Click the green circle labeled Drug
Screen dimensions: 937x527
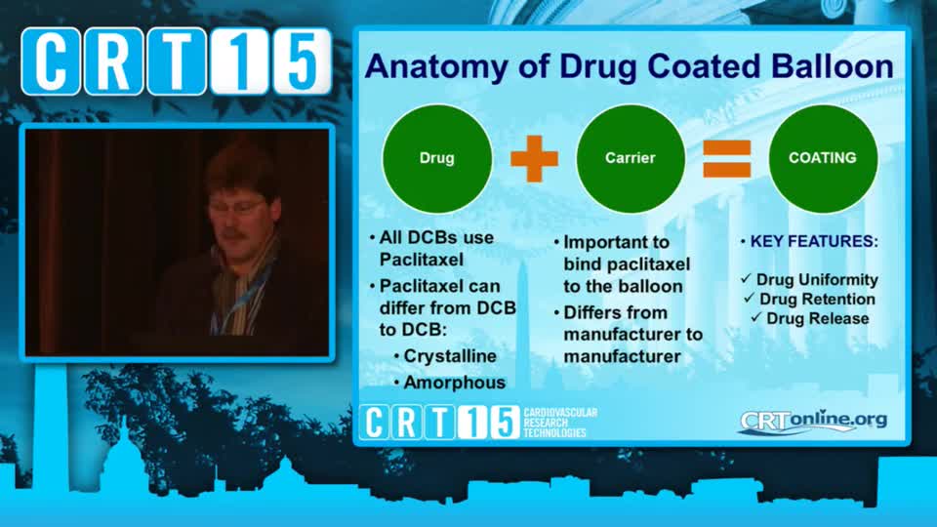437,158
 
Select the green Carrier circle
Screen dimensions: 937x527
631,158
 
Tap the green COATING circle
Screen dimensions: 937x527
823,158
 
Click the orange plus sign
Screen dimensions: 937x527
534,158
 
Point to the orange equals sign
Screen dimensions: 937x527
726,159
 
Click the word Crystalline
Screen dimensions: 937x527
450,356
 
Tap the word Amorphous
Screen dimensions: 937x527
455,383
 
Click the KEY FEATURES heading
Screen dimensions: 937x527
814,241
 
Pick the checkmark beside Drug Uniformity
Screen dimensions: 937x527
746,278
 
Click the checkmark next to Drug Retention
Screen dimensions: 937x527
750,298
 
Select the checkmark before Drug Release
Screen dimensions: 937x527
756,317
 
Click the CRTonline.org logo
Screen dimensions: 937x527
813,421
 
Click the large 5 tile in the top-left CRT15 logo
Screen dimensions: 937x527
302,61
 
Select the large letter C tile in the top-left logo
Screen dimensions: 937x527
51,61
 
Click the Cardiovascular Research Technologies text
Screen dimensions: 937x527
560,423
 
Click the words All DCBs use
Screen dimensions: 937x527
436,238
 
